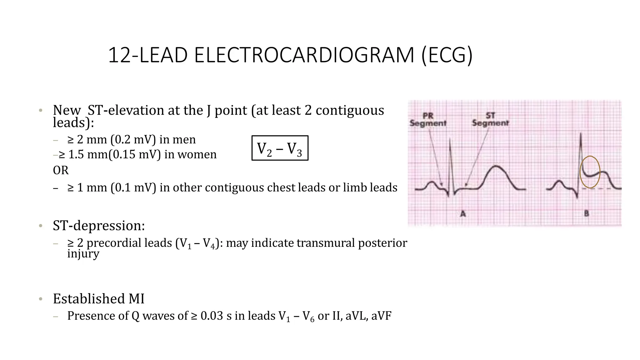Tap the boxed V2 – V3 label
280,148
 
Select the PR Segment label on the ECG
428,120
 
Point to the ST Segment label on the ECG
490,120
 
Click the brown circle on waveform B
590,172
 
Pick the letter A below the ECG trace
463,214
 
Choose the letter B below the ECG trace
587,214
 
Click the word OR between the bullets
61,171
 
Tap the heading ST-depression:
99,226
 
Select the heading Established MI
99,299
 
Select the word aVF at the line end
381,316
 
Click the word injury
83,254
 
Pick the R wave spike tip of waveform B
581,134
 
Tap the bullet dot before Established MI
40,299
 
